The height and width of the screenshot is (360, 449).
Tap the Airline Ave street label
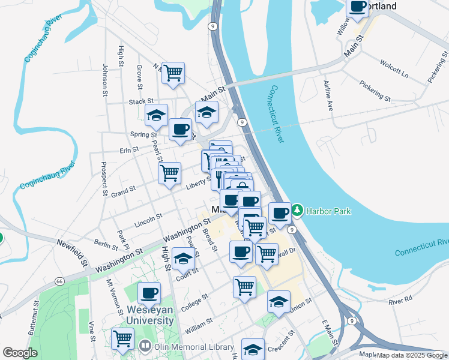[328, 96]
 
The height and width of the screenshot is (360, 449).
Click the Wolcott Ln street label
[393, 67]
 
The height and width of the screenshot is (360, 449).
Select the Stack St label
[141, 102]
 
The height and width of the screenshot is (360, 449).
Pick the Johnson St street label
[104, 80]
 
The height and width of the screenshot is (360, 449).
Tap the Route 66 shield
[59, 281]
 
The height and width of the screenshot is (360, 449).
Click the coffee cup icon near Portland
[358, 7]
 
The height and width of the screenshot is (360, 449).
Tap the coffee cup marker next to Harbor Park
[280, 213]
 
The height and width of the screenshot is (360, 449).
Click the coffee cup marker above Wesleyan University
[149, 293]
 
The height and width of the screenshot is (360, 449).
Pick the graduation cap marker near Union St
[279, 302]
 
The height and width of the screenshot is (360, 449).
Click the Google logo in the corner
[20, 352]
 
